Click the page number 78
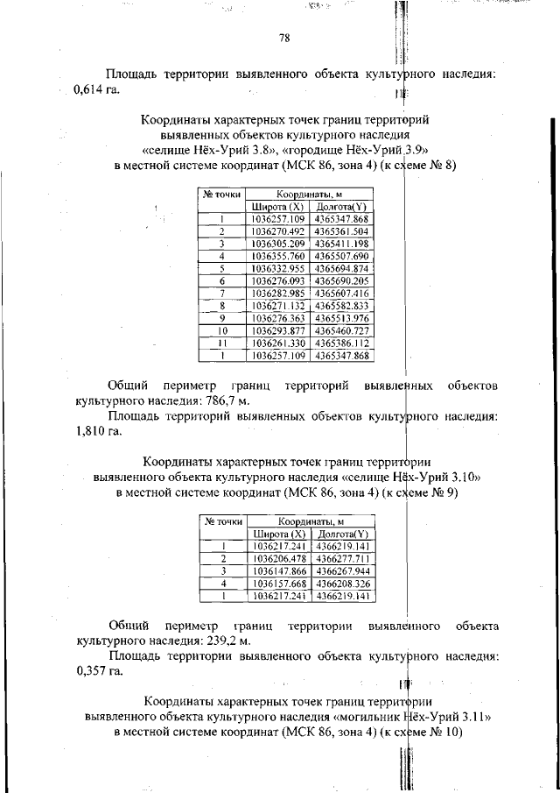point(284,38)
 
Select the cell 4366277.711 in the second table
point(344,558)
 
